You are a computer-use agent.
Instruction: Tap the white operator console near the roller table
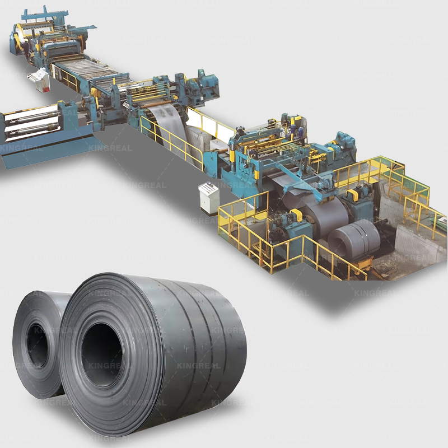[39, 79]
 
